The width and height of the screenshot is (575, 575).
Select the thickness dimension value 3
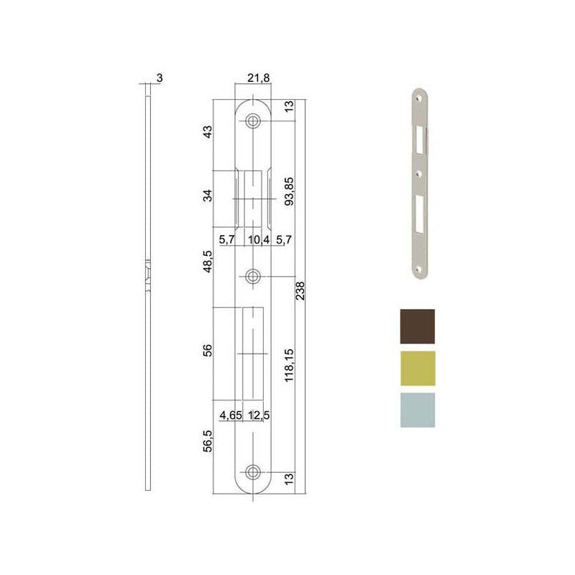pos(157,77)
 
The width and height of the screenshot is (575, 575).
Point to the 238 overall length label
pos(301,290)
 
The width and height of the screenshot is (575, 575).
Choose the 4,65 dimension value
pos(230,415)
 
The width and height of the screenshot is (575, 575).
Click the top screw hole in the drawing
pos(252,121)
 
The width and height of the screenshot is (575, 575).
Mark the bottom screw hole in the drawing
pos(252,471)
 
